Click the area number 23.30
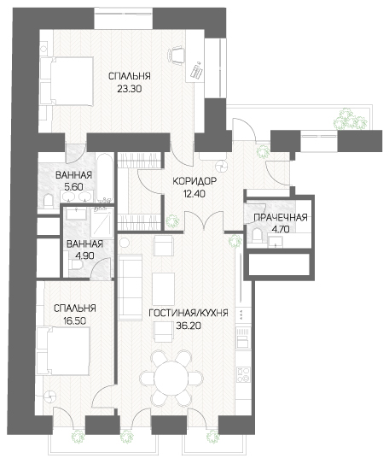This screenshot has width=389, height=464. (x=129, y=89)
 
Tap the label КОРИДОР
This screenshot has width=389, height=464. (x=194, y=180)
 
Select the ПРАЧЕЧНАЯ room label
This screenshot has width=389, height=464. (x=281, y=218)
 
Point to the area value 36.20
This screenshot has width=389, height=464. (x=189, y=326)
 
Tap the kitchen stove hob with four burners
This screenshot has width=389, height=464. (x=244, y=374)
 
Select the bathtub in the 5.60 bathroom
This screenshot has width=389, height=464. (x=105, y=178)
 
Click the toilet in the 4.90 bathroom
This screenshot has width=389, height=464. (x=75, y=265)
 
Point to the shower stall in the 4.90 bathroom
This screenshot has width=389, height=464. (x=102, y=222)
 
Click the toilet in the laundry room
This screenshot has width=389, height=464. (x=258, y=236)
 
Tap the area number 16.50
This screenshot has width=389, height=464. (x=75, y=321)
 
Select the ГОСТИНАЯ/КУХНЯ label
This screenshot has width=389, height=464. (x=189, y=314)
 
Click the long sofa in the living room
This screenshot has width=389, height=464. (x=131, y=287)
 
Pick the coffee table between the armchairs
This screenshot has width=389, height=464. (x=164, y=287)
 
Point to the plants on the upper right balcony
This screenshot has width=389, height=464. (x=350, y=119)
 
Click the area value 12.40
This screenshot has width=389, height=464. (x=194, y=194)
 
